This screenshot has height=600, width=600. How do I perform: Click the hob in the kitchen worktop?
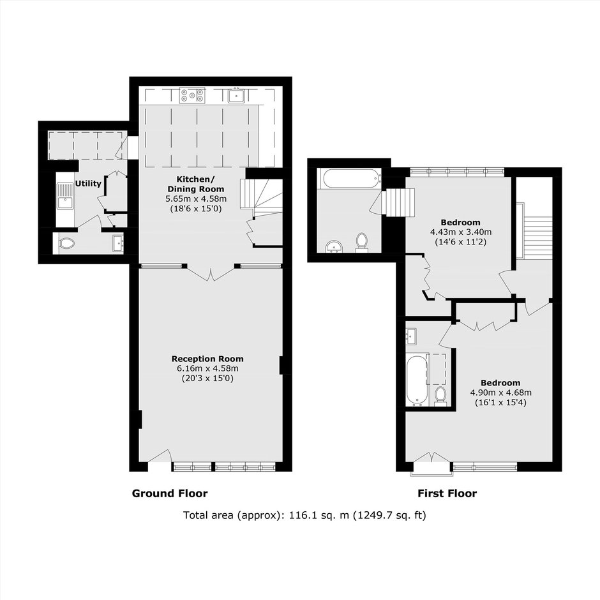[x=193, y=95]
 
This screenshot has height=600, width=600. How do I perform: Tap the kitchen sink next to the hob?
[x=236, y=95]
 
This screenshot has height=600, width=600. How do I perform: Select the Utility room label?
[x=88, y=184]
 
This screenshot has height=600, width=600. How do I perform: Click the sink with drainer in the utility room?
[x=65, y=196]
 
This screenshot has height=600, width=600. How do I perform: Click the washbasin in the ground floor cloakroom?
[x=118, y=243]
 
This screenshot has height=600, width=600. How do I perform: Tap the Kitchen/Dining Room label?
[x=196, y=184]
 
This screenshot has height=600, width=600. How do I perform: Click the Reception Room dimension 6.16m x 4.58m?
[x=207, y=368]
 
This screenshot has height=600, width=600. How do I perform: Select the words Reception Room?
[x=207, y=359]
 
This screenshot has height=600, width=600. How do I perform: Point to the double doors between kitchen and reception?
[x=211, y=273]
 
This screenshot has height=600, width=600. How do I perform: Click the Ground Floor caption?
[x=170, y=493]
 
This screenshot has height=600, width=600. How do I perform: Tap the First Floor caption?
[x=447, y=493]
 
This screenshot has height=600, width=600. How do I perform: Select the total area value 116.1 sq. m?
[x=319, y=515]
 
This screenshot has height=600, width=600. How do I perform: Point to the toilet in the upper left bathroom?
[x=362, y=243]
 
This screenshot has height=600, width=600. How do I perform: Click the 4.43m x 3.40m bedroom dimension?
[x=461, y=232]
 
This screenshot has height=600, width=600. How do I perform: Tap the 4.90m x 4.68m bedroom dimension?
[x=500, y=392]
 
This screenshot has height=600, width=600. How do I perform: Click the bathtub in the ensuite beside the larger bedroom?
[x=416, y=380]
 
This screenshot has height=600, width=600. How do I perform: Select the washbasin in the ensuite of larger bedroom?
[x=412, y=336]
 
